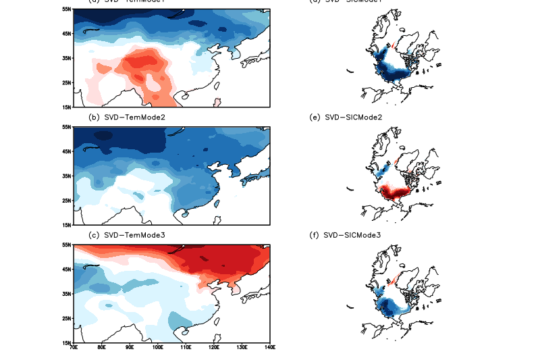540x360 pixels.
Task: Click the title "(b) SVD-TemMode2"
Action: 128,117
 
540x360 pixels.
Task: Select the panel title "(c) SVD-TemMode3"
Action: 128,234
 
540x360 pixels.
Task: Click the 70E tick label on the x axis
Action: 73,349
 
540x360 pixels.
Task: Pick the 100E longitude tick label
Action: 157,349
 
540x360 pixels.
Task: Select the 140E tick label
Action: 270,349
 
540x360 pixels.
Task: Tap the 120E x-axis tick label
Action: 213,349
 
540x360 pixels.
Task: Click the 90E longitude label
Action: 129,349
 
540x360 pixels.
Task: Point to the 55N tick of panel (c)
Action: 66,245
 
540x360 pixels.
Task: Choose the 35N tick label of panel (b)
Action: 66,176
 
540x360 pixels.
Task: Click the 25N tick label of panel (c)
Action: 66,318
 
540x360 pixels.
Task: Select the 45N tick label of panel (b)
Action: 66,151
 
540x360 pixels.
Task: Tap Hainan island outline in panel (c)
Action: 185,332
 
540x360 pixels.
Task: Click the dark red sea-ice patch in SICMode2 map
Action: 391,194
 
